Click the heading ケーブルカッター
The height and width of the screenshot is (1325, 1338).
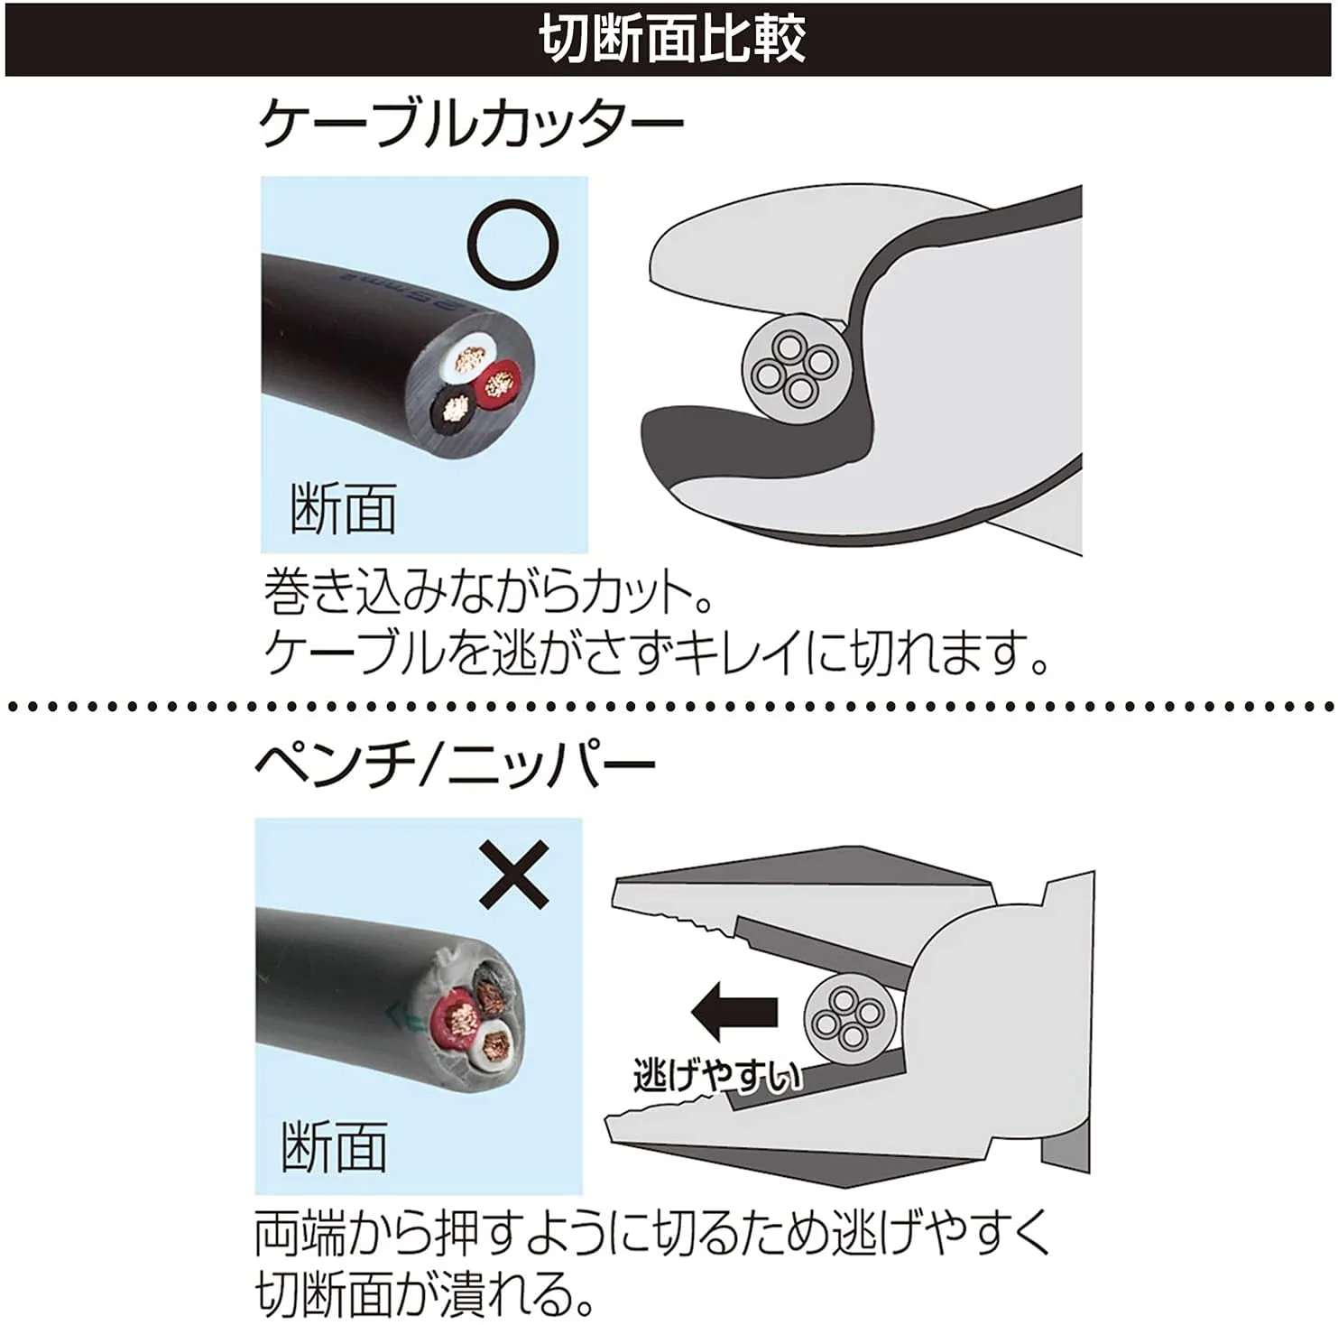coord(471,124)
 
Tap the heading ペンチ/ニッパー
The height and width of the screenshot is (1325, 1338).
coord(455,766)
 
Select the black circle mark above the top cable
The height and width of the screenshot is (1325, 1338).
coord(513,245)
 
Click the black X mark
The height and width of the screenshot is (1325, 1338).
coord(513,874)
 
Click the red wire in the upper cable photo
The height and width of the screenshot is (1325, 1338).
coord(497,385)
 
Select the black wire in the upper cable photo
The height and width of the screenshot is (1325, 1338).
coord(454,408)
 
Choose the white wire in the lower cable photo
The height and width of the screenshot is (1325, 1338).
coord(494,1046)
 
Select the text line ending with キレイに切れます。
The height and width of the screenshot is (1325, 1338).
coord(657,652)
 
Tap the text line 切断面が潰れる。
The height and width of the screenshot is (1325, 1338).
coord(425,1292)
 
